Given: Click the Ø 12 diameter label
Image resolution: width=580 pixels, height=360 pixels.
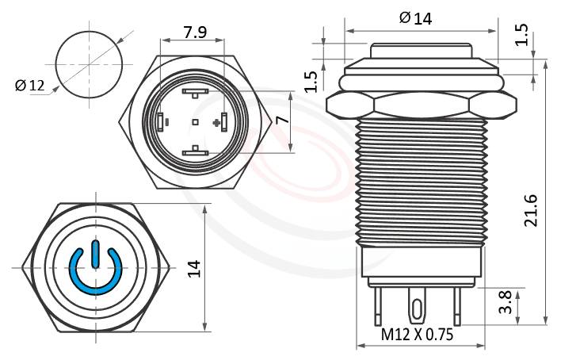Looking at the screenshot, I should pos(31,86).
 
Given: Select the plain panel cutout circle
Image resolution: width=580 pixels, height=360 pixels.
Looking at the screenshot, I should pos(90,62).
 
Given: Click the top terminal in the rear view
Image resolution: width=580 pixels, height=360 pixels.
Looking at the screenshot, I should pos(194,92).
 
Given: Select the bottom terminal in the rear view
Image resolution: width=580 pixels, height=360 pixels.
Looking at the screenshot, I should pos(194,151).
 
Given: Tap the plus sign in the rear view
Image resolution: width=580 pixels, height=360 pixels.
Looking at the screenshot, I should pos(216,122).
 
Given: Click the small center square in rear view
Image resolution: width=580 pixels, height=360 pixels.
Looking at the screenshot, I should pos(195,122).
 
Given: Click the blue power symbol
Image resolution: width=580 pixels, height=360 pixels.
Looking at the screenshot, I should pos(94,269).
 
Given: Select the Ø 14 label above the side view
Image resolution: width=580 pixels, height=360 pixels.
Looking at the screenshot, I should pos(415,17).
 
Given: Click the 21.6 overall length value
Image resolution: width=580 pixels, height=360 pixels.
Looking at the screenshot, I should pos(532,211).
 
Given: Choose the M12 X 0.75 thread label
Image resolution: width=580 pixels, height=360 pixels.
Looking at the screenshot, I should pos(417,335).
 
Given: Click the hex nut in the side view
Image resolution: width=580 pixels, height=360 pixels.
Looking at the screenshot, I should pos(422,105).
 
